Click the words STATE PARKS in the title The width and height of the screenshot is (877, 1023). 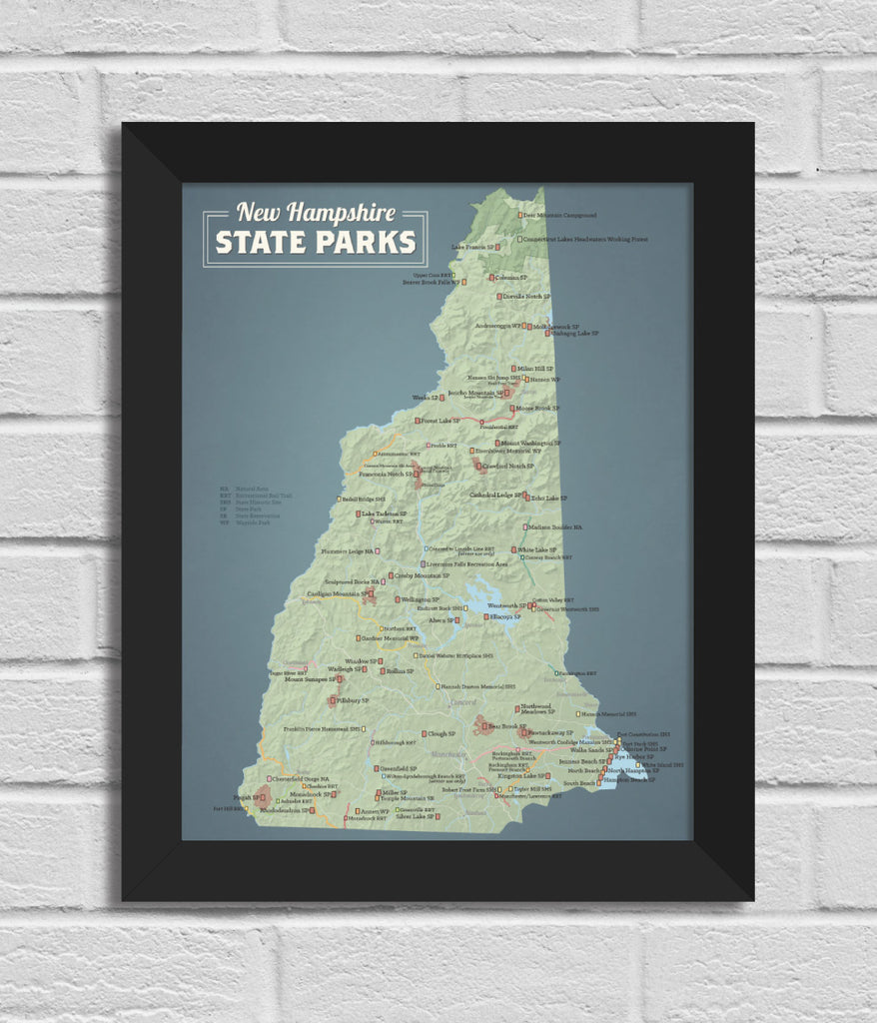[x=316, y=243]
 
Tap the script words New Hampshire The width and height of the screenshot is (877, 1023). [x=316, y=212]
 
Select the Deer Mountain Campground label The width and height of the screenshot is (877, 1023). [x=558, y=215]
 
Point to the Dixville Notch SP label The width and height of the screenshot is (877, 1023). [x=526, y=297]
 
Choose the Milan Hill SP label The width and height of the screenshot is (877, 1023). [x=535, y=369]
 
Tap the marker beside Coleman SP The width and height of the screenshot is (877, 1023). [x=490, y=278]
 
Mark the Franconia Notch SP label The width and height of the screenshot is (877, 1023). [x=386, y=475]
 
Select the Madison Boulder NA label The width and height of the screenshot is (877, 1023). [x=555, y=526]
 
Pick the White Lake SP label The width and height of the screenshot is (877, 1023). [x=537, y=549]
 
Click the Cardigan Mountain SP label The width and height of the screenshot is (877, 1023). [x=333, y=594]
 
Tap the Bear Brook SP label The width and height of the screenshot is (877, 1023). [x=507, y=726]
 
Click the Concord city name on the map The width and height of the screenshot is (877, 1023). [x=463, y=702]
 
